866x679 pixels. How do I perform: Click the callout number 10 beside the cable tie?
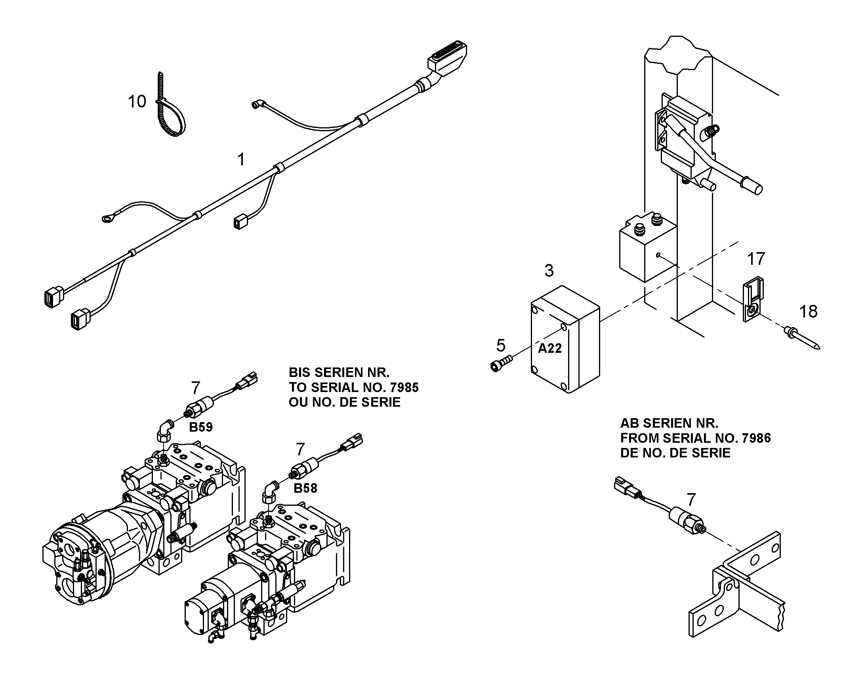tap(137, 102)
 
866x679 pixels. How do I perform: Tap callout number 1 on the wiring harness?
tap(241, 160)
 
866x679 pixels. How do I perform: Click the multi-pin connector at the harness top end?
tap(447, 58)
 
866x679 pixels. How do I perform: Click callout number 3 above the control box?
tap(549, 271)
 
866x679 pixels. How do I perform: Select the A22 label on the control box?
tap(550, 348)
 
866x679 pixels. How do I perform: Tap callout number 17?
tap(756, 259)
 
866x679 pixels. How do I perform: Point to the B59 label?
tap(201, 427)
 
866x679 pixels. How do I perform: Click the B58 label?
tap(305, 488)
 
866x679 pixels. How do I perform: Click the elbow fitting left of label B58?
tap(270, 492)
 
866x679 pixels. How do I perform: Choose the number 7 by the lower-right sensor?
tap(691, 499)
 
